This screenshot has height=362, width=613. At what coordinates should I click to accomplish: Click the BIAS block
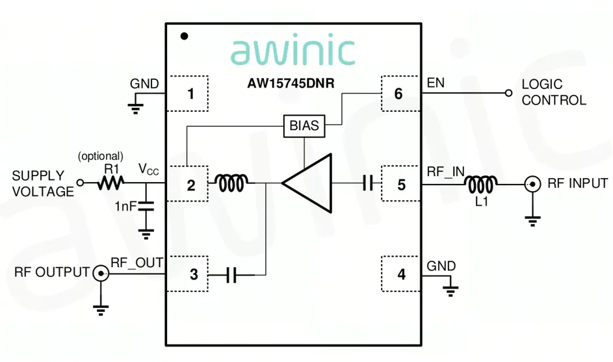(304, 125)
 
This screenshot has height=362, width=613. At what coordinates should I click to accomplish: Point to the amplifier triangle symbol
(307, 184)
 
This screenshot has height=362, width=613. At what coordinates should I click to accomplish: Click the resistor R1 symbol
(111, 184)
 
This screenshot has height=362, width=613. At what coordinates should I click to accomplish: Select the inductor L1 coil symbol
(482, 184)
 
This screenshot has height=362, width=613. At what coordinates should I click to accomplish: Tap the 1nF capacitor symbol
(146, 207)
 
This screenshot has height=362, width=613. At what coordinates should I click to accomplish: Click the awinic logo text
(293, 51)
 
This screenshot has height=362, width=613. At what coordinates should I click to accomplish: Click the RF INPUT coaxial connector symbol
(533, 185)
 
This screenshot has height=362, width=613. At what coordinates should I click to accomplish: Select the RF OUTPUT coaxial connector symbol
(101, 274)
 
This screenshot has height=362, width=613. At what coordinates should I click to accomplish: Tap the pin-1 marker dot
(184, 36)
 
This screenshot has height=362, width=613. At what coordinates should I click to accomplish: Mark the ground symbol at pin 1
(135, 107)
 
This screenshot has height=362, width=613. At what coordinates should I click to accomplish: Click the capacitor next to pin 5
(368, 184)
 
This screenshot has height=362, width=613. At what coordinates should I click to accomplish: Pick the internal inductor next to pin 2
(231, 184)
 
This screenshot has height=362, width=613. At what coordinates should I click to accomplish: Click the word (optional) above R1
(100, 156)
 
